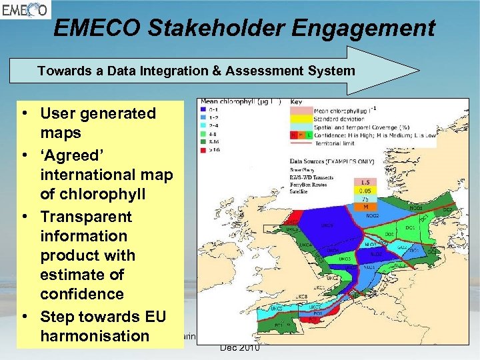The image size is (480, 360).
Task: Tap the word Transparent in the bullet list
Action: tap(86, 217)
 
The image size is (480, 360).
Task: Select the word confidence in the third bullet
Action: tap(82, 294)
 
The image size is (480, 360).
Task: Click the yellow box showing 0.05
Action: tap(364, 191)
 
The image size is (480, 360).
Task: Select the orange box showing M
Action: tap(364, 207)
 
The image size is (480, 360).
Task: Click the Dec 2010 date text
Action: tap(239, 347)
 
